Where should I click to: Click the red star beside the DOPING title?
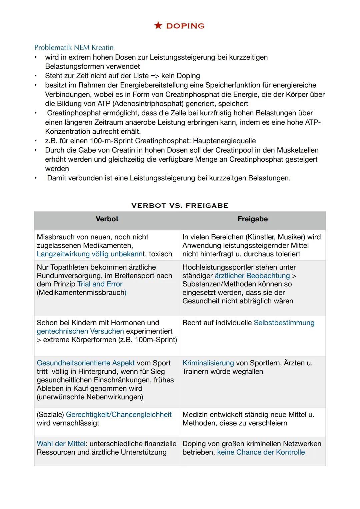[158, 26]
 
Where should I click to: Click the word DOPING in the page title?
[185, 26]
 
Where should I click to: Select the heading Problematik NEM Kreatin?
[74, 47]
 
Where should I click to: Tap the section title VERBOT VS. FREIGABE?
[180, 206]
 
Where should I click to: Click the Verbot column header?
[107, 219]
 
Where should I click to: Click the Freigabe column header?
[252, 219]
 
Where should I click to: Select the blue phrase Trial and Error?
[100, 284]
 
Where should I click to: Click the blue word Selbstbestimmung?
[284, 323]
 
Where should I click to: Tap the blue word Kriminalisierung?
[208, 363]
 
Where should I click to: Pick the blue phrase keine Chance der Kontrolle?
[261, 452]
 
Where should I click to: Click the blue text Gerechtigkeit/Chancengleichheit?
[119, 415]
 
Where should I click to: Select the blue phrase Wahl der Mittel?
[61, 444]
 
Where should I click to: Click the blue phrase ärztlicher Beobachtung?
[252, 276]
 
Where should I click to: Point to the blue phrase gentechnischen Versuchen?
[80, 331]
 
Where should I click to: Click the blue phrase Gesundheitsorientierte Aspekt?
[86, 363]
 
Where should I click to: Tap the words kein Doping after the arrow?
[180, 76]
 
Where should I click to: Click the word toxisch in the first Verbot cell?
[160, 254]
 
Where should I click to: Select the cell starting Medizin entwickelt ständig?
[252, 419]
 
